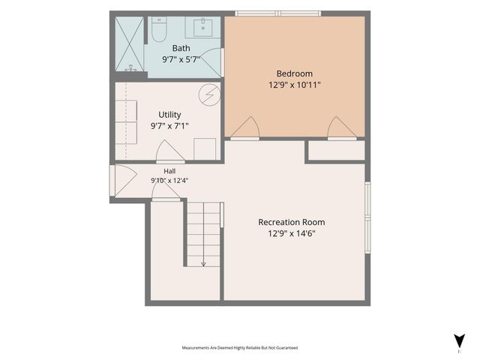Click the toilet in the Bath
coord(159,29)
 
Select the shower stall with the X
coord(129,43)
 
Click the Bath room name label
coord(181,48)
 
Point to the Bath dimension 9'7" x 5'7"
coord(181,59)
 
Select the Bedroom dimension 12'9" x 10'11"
coord(295,85)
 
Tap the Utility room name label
coord(169,115)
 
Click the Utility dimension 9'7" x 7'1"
coord(169,126)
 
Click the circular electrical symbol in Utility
coord(209,95)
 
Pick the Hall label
coord(169,171)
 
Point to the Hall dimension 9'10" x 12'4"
coord(169,180)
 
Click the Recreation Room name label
coord(292,222)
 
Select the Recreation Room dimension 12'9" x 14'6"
coord(292,233)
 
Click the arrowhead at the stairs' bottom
coord(203,264)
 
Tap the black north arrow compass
coord(459,341)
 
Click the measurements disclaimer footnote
coord(240,348)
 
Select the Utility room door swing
coord(170,151)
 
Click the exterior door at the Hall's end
coord(112,181)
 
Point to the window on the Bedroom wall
coord(278,13)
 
